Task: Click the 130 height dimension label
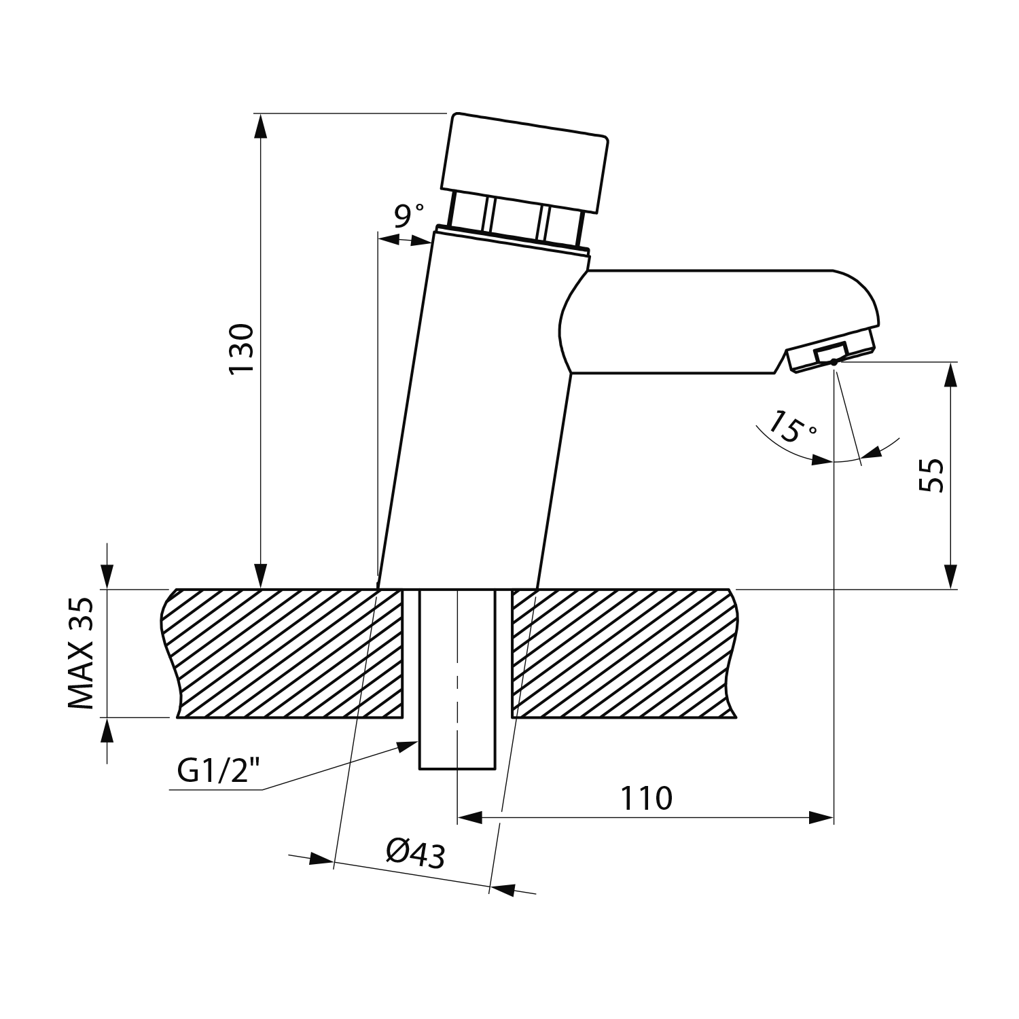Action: coord(241,348)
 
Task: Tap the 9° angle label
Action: coord(409,216)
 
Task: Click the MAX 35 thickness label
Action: coord(82,653)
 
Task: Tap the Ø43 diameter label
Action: coord(415,853)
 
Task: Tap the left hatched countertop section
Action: coord(285,653)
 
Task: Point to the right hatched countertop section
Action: coord(622,653)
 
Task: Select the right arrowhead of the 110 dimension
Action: coord(821,817)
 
